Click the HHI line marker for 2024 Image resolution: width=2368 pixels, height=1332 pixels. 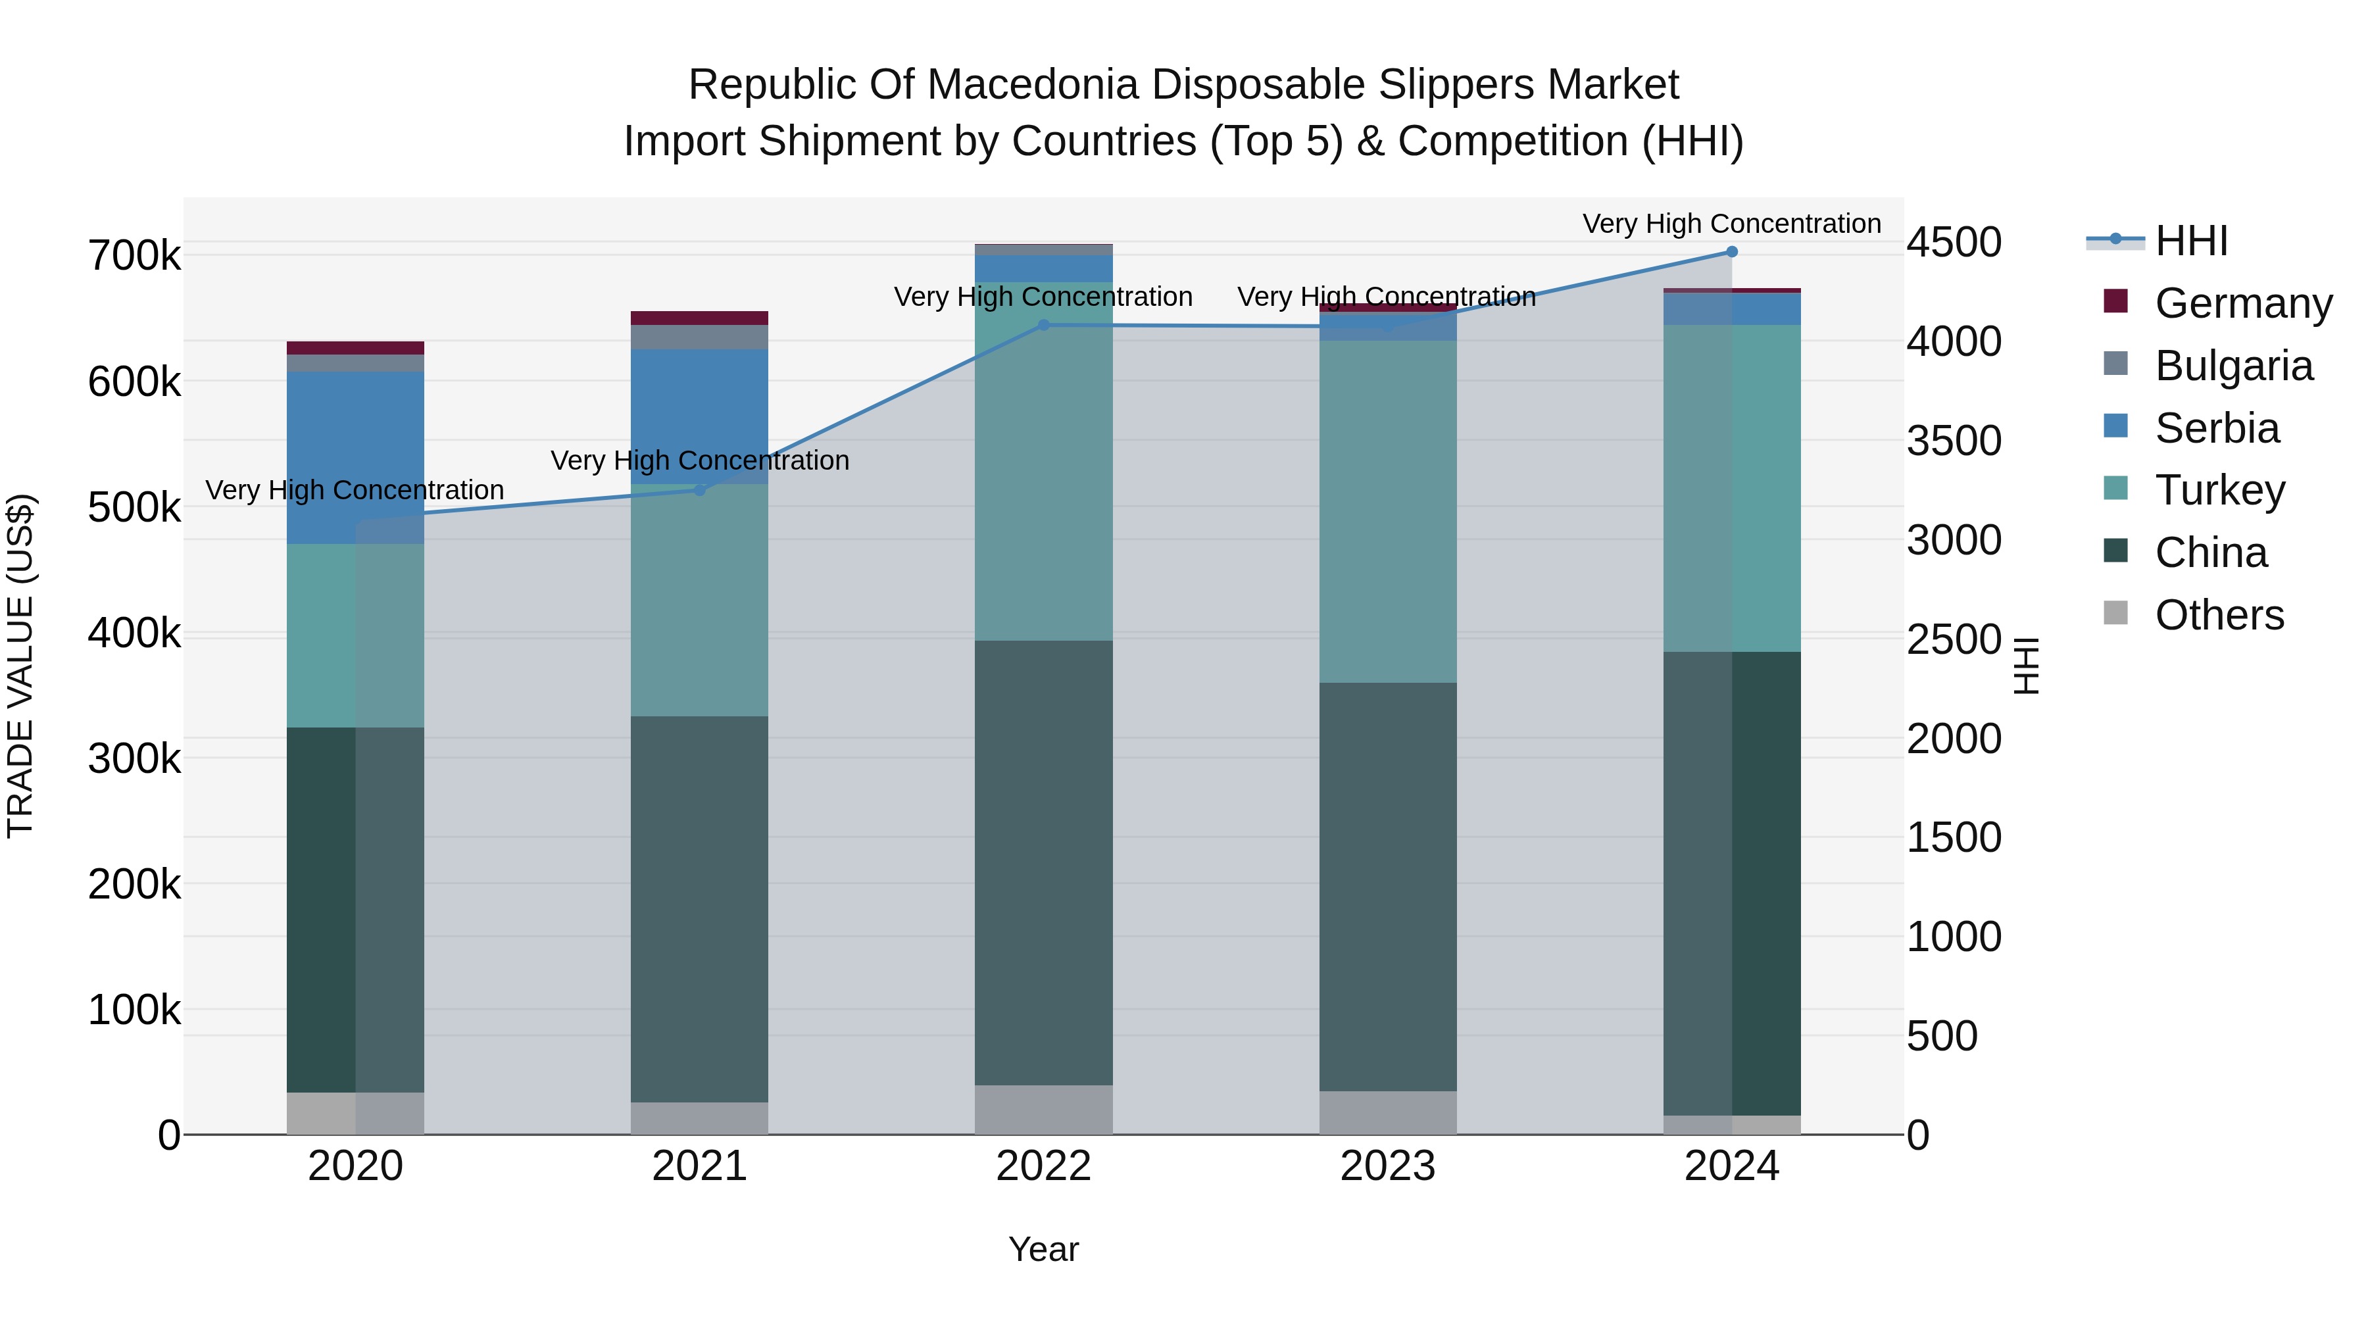point(1732,252)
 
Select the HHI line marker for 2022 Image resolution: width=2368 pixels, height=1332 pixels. point(1043,324)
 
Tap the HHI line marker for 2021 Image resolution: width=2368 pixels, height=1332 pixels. point(700,490)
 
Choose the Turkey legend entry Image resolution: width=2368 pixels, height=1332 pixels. point(2219,490)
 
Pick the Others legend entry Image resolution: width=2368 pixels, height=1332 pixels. point(2219,615)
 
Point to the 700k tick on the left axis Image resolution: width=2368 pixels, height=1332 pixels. point(134,256)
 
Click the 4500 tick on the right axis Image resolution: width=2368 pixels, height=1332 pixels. point(1954,243)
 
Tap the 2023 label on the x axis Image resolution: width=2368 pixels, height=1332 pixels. point(1387,1166)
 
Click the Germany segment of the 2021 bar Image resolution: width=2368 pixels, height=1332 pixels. point(700,318)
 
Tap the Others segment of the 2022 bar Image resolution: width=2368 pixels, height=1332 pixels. point(1043,1110)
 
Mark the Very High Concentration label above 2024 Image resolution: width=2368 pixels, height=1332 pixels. point(1732,224)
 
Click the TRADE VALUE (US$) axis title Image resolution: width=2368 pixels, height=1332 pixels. point(20,666)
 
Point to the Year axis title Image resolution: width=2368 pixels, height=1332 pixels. point(1043,1249)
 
